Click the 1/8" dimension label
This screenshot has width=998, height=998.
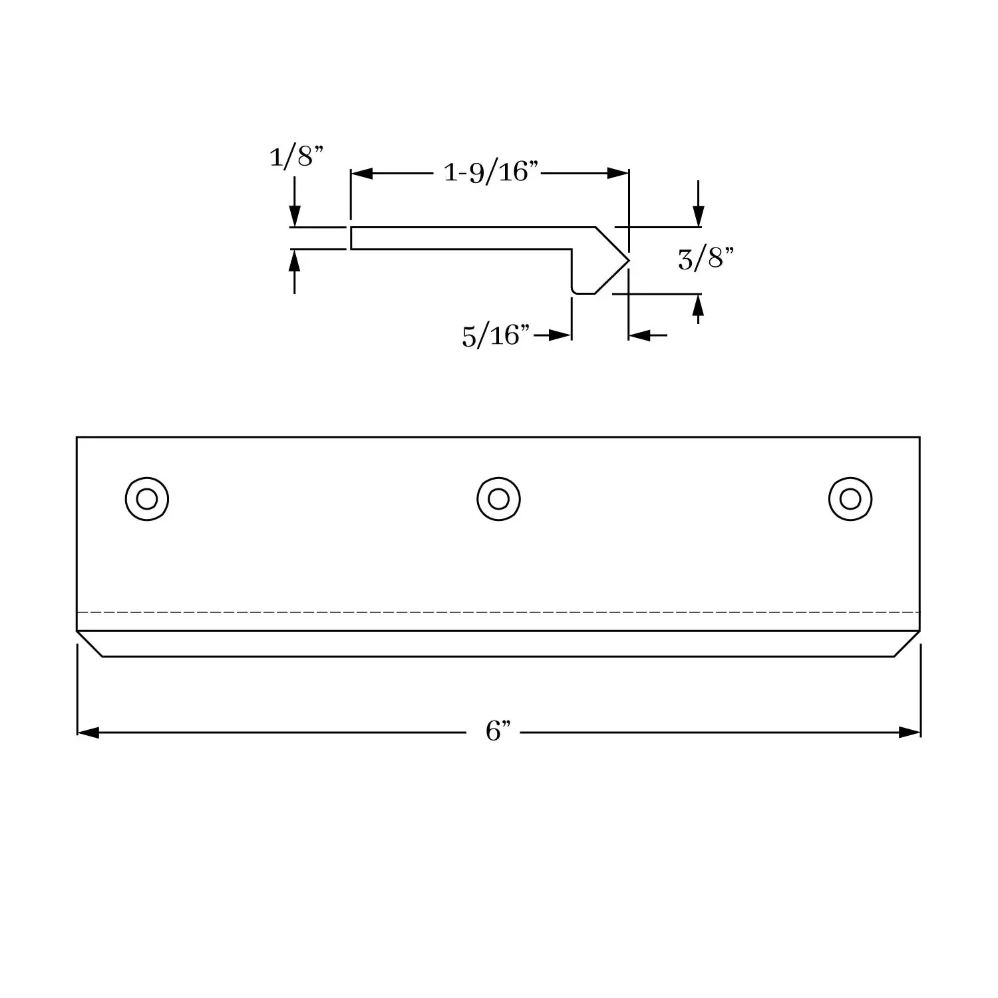pyautogui.click(x=296, y=157)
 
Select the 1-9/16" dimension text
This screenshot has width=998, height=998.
pyautogui.click(x=490, y=173)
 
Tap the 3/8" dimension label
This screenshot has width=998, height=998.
pyautogui.click(x=705, y=258)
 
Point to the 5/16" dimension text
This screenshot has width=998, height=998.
pyautogui.click(x=496, y=336)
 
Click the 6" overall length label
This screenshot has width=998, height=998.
pyautogui.click(x=498, y=732)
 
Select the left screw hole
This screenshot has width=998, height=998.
pyautogui.click(x=147, y=498)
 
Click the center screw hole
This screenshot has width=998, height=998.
pyautogui.click(x=498, y=498)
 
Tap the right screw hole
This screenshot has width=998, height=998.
pyautogui.click(x=850, y=498)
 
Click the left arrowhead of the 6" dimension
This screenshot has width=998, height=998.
pyautogui.click(x=88, y=733)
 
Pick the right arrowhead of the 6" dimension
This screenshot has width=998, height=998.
pyautogui.click(x=910, y=733)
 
